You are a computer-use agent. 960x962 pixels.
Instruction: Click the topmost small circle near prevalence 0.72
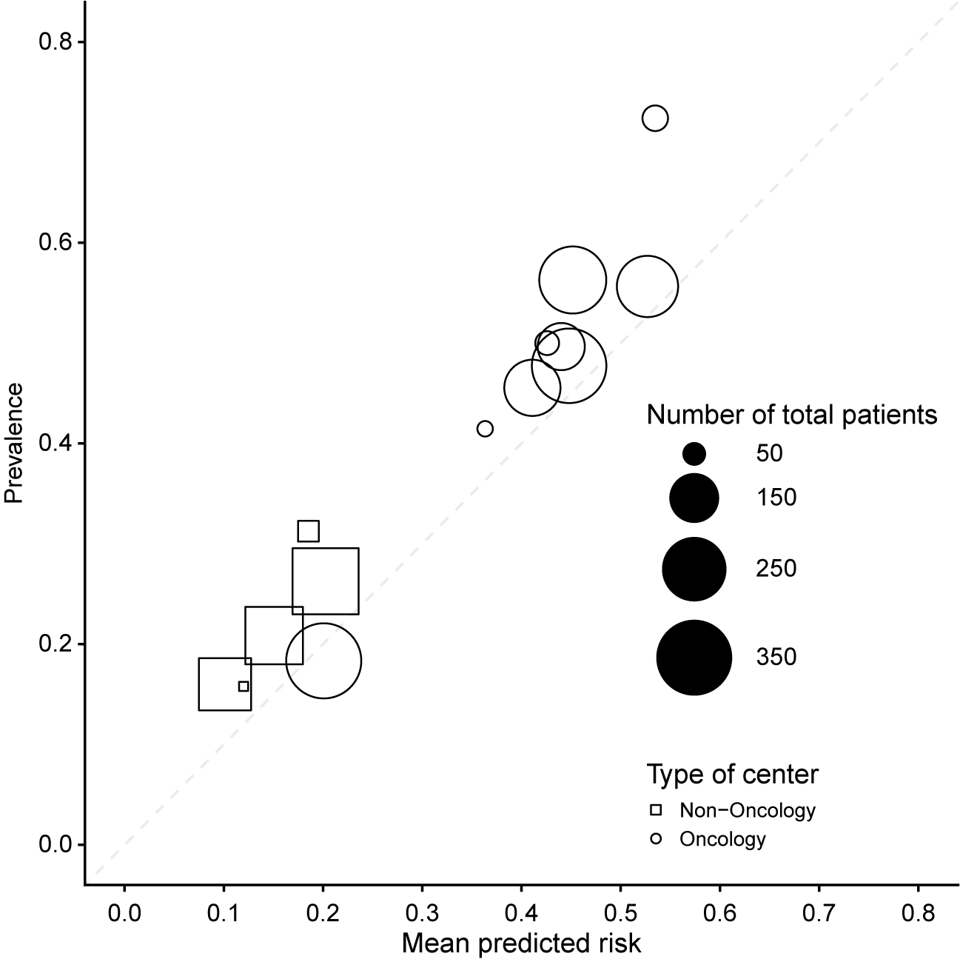coord(655,118)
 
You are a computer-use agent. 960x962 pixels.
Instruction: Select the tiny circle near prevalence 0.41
coord(485,428)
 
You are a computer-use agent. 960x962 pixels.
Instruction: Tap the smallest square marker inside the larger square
coord(244,687)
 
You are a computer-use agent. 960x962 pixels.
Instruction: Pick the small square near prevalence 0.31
coord(308,531)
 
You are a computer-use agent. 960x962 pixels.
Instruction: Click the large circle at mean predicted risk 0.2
coord(323,661)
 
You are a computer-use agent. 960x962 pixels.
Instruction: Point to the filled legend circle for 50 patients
coord(694,453)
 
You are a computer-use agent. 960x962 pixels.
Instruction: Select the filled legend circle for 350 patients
coord(694,657)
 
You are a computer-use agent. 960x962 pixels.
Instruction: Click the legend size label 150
coord(776,497)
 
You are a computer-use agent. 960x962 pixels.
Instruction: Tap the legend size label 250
coord(776,569)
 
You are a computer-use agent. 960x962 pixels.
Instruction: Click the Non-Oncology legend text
coord(748,810)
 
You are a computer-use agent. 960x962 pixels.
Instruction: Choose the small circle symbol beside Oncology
coord(655,839)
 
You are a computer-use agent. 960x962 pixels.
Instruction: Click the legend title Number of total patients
coord(792,415)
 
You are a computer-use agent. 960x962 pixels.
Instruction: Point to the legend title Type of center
coord(733,775)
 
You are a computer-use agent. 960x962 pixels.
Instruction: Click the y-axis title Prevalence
coord(14,443)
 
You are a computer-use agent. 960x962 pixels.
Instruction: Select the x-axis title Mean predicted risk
coord(521,943)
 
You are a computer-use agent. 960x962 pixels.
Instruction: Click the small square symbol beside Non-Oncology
coord(655,810)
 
